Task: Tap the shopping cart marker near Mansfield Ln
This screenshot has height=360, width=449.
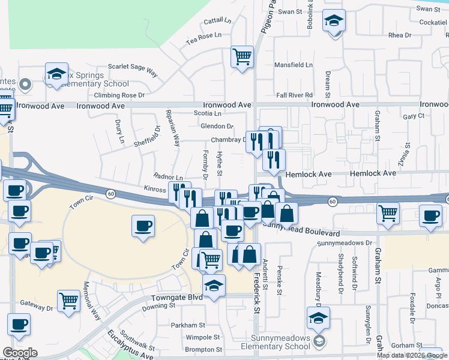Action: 243,58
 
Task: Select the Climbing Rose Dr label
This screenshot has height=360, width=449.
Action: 120,95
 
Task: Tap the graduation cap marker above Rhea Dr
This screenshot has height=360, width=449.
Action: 334,22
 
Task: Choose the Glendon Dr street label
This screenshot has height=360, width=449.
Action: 217,126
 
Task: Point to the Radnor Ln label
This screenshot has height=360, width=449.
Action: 168,177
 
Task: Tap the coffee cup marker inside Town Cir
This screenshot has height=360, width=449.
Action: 142,227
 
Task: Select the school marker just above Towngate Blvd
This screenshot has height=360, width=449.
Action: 213,286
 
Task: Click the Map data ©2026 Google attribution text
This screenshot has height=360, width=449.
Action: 411,355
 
